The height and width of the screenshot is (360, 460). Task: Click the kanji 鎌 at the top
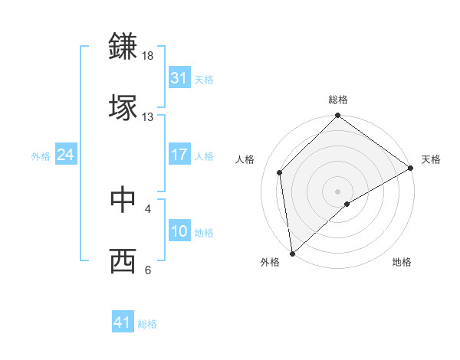123,46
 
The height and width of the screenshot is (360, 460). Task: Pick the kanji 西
123,260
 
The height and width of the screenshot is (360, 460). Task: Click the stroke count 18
148,56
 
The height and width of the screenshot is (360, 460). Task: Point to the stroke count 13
148,116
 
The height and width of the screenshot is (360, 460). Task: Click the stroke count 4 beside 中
148,208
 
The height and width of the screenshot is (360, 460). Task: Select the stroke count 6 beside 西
148,270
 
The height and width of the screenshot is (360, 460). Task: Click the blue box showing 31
179,78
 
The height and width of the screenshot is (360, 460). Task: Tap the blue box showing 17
179,154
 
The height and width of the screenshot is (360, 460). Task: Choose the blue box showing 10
179,231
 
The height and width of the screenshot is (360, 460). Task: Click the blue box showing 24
66,155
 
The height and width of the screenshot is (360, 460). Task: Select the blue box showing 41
123,322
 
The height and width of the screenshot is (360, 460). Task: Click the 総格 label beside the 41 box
147,324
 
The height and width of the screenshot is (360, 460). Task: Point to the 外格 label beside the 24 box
41,156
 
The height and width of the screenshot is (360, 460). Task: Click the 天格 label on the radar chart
431,159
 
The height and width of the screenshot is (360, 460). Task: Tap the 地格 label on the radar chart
402,262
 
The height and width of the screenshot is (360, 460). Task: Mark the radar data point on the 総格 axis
338,116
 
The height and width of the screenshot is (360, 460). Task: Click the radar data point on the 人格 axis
280,172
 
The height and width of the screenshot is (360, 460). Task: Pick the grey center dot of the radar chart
338,191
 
